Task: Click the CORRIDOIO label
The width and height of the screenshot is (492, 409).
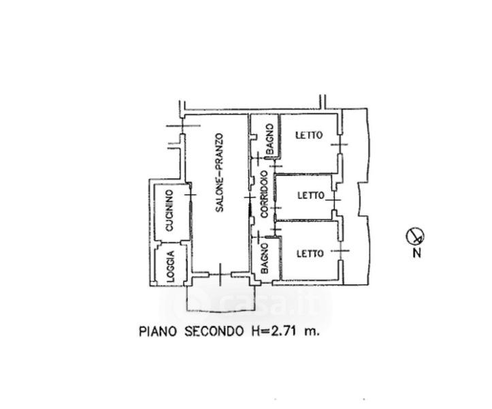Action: (x=263, y=193)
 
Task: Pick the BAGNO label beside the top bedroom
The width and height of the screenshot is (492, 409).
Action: (x=269, y=138)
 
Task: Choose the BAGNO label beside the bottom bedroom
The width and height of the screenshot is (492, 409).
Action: (x=265, y=260)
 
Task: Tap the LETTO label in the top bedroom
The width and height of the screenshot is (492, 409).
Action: (x=308, y=136)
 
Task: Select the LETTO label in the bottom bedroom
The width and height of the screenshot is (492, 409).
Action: (x=310, y=254)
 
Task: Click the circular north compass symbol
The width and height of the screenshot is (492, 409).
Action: (x=414, y=237)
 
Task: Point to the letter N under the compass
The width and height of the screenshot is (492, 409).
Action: (x=416, y=254)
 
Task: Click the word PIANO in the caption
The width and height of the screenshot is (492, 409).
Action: (x=157, y=332)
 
